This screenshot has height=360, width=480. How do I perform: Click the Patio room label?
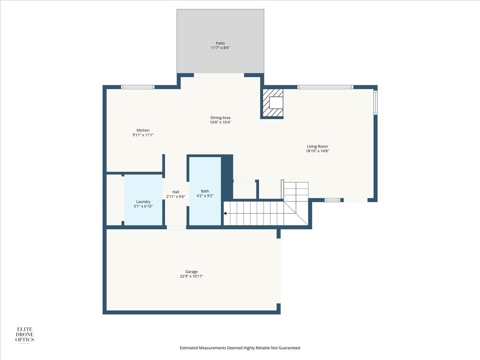(220, 43)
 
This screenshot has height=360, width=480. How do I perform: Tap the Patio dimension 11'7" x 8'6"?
(220, 48)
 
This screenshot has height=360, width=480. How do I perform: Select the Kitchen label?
(143, 130)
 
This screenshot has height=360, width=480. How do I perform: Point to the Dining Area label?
(220, 118)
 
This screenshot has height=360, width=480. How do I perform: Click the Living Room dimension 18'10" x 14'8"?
(317, 151)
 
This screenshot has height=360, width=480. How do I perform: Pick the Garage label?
(192, 272)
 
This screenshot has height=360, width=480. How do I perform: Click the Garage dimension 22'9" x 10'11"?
(192, 276)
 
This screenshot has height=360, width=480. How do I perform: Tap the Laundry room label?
(143, 202)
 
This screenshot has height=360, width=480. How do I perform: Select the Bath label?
(205, 191)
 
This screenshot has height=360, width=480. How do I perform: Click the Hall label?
(176, 192)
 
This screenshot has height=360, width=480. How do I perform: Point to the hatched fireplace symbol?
(273, 103)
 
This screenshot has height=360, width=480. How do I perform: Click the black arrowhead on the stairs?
(225, 213)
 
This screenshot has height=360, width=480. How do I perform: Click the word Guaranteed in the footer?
(289, 348)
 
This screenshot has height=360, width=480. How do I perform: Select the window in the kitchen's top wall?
(138, 87)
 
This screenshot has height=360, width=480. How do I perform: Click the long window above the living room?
(325, 87)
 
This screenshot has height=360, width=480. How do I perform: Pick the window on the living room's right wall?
(376, 102)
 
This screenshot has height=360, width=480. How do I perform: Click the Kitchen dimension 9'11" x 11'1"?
(143, 135)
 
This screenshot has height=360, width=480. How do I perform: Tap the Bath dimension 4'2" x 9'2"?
(205, 196)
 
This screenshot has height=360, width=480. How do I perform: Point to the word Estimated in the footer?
(189, 348)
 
